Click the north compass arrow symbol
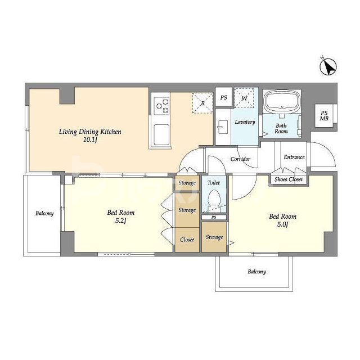tap(328, 66)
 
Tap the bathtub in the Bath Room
tap(282, 102)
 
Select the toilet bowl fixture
tap(214, 199)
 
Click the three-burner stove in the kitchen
tap(161, 106)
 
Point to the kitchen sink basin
tap(161, 135)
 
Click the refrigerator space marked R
tap(202, 103)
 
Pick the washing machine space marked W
tap(244, 98)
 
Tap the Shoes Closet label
tap(289, 179)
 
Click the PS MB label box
tap(324, 116)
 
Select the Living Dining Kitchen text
tap(90, 132)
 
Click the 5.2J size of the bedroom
tap(121, 221)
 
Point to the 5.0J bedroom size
tap(282, 224)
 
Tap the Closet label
tap(187, 240)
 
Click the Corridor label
tap(240, 159)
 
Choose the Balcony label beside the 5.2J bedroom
tap(44, 214)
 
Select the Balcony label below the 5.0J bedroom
tap(256, 272)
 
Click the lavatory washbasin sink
tap(223, 127)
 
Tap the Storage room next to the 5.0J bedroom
tap(214, 237)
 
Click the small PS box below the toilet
tap(214, 217)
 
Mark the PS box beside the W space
tap(224, 97)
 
